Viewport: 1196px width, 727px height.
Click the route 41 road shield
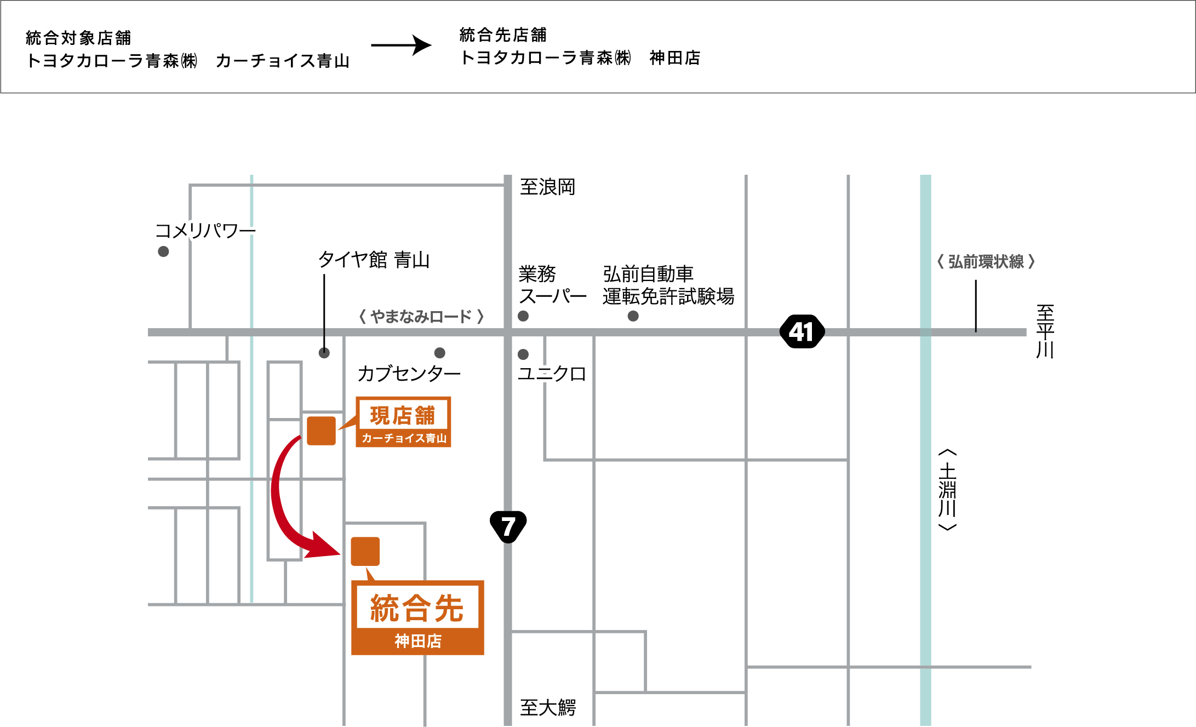(802, 331)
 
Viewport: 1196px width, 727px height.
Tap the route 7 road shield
(508, 526)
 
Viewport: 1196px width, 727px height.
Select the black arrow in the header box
(402, 45)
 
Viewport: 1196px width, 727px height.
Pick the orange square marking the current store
(321, 431)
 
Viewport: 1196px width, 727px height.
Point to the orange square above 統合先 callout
(365, 551)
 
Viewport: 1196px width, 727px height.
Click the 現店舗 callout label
(403, 422)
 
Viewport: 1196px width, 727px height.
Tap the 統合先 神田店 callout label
(417, 617)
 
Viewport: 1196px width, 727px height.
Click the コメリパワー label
(205, 231)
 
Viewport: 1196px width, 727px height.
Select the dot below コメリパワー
(163, 251)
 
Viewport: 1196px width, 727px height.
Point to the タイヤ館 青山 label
(374, 260)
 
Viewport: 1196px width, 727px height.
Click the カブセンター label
(409, 374)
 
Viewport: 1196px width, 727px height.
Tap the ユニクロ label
(552, 374)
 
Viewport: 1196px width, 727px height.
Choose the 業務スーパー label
(552, 285)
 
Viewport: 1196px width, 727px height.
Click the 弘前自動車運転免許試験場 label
(668, 285)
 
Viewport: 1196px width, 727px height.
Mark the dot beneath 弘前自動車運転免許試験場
(633, 316)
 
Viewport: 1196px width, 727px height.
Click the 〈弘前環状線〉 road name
(986, 262)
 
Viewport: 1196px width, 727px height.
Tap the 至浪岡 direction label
(547, 187)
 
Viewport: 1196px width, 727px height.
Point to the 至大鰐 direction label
(547, 708)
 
